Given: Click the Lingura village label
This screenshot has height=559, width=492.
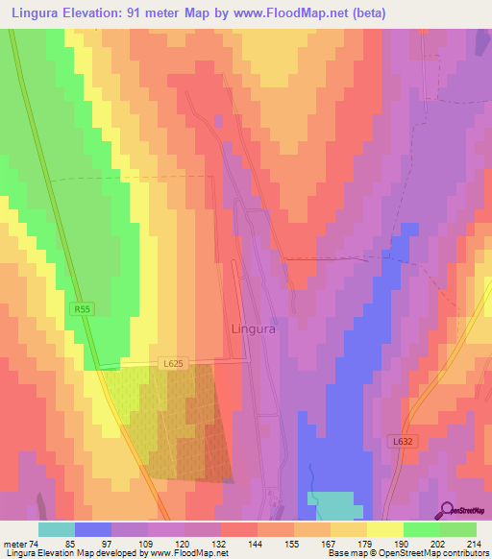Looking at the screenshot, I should (x=255, y=328).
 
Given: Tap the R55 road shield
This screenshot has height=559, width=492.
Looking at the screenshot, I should (x=82, y=309).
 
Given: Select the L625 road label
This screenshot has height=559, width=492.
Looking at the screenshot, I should (x=172, y=360).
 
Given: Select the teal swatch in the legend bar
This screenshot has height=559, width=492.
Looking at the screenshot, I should (x=57, y=529).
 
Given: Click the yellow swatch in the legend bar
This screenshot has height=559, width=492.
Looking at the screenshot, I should (x=385, y=529).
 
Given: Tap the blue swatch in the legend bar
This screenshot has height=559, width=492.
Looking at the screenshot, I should (x=93, y=529).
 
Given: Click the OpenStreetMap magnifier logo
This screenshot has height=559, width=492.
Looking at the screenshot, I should (x=448, y=509).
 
